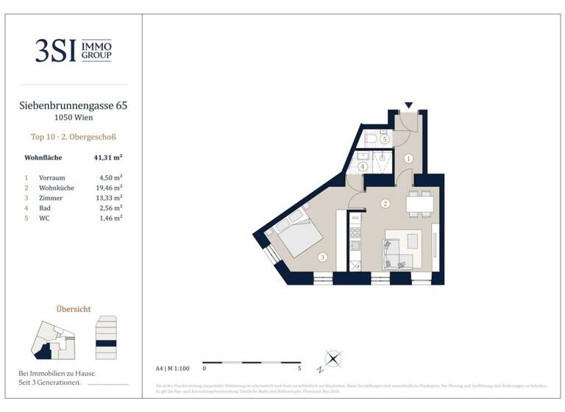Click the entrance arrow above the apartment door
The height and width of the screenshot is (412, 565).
409,106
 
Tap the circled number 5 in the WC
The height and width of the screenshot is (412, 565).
384,138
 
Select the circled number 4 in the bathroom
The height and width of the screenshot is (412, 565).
363,167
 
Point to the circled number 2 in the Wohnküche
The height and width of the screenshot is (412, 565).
384,204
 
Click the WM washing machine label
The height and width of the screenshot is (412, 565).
355,218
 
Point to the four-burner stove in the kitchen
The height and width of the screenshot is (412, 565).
355,246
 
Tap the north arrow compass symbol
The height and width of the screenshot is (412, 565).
333,360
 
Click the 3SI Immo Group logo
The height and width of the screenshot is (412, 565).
74,50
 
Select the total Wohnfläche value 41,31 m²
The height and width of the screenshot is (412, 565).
107,157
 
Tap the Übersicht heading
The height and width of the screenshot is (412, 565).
74,309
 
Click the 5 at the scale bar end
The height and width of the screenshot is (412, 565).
300,367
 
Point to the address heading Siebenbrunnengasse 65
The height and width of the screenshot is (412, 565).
74,105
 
